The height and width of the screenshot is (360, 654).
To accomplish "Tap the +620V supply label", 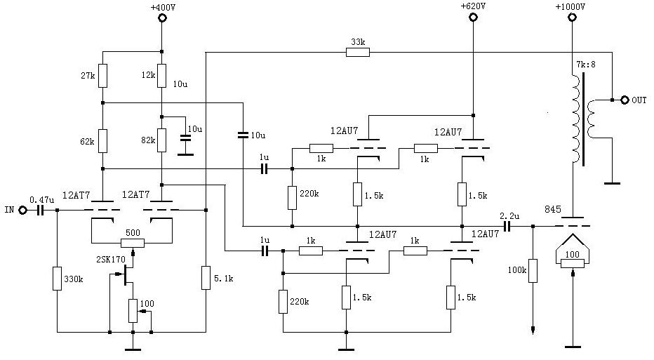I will [474, 6].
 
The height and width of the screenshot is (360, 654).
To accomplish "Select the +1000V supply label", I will [570, 6].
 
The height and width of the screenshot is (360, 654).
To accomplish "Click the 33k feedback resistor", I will [358, 51].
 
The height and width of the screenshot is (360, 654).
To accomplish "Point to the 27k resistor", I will [102, 75].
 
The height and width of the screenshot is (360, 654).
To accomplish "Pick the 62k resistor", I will [102, 140].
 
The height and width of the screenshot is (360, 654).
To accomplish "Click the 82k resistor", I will [161, 140].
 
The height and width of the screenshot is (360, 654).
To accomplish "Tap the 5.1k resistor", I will [206, 278].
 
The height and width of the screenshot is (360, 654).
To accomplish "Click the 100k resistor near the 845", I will [533, 270].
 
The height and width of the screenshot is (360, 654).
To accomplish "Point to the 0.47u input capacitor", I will [40, 210].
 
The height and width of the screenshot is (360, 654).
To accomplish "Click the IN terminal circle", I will [22, 210].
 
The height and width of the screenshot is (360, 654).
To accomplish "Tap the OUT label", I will [639, 100].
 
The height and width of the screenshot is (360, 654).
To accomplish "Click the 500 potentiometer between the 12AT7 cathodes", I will [133, 243].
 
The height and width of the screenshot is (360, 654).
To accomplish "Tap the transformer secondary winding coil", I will [593, 119].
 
